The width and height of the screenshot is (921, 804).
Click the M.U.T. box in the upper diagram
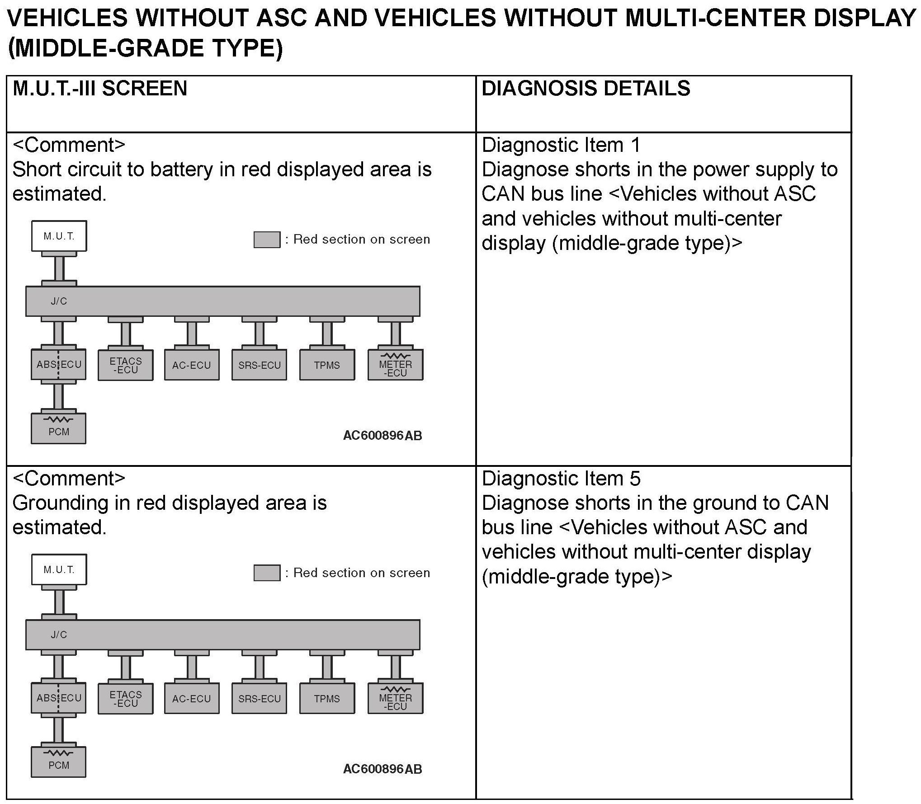coord(59,236)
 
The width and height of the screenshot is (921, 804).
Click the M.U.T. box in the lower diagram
coord(59,569)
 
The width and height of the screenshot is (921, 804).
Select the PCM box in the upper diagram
coord(59,428)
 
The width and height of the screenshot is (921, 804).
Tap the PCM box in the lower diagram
coord(59,762)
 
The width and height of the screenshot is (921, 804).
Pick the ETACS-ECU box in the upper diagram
coord(126,365)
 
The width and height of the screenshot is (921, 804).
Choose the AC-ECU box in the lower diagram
coord(192,699)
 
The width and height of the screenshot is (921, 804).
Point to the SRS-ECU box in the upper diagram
coord(260,365)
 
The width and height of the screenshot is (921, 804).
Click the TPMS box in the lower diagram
coord(327,699)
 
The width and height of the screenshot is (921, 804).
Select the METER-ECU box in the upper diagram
coord(396,365)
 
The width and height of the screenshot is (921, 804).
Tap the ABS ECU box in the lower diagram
coord(59,698)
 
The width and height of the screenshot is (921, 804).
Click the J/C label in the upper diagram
coord(59,301)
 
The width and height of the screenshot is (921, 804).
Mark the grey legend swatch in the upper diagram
coord(267,240)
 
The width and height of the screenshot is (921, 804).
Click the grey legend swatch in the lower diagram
coord(267,573)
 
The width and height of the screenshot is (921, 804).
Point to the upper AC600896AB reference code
coord(383,436)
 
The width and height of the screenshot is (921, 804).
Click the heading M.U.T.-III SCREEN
coord(100,88)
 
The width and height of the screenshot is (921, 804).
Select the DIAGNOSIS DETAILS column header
coord(586,88)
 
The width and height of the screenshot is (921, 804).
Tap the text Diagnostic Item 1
coord(561,146)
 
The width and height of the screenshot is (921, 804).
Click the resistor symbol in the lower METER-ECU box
coord(396,690)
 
